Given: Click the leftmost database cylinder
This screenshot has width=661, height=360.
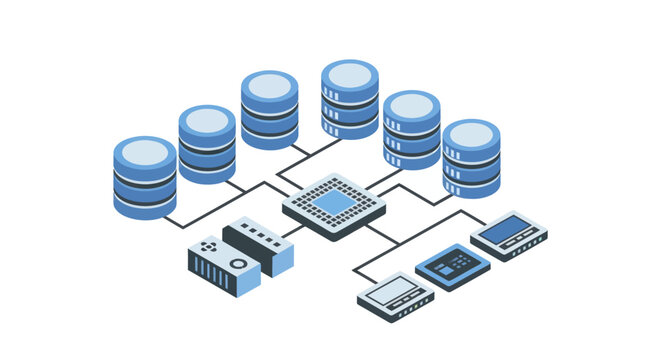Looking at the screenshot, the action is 145,178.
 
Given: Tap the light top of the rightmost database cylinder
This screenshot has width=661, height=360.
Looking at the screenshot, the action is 471,134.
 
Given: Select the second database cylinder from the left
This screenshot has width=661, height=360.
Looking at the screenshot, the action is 207,144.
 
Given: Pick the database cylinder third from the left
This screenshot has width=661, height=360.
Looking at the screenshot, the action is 269,110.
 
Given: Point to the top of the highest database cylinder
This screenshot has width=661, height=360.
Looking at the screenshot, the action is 350,74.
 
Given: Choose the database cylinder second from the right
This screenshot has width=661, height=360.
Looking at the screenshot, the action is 412,129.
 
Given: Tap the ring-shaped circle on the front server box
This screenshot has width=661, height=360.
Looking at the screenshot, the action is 241,264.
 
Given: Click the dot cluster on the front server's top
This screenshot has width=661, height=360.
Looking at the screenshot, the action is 208,245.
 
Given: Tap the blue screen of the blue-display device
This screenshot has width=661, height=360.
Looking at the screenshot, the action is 509,231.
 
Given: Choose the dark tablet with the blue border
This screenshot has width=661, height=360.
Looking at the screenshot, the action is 452,265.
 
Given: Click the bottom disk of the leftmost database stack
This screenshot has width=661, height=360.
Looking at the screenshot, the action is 145,206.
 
